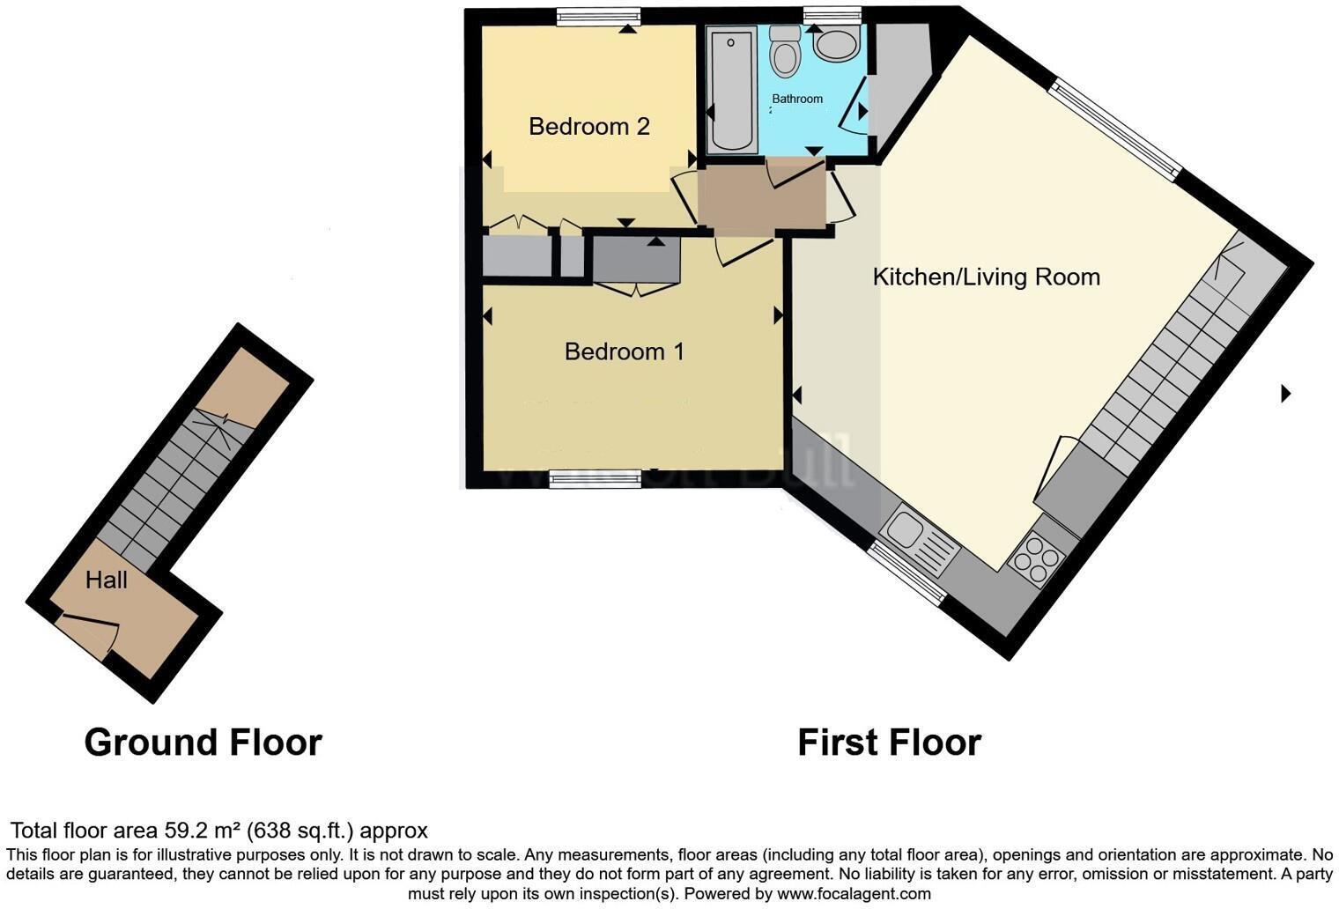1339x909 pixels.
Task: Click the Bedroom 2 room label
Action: [x=588, y=127]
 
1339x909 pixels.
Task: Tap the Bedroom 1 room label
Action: [x=624, y=351]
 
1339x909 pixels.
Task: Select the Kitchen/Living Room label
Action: [x=986, y=277]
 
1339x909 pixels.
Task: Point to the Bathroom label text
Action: [x=797, y=99]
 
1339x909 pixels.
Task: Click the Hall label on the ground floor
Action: [x=107, y=580]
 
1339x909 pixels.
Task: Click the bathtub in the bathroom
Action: [x=731, y=89]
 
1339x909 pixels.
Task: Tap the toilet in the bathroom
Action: [x=783, y=50]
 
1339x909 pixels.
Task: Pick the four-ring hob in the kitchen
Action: [x=1037, y=558]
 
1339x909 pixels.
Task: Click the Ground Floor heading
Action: [x=203, y=743]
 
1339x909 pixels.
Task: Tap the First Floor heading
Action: [x=889, y=743]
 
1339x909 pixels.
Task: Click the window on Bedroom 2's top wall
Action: [x=596, y=15]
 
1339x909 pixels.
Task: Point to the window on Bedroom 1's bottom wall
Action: [x=595, y=479]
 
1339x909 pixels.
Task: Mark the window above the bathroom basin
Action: [x=832, y=13]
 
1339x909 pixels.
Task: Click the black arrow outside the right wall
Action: [x=1285, y=394]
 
